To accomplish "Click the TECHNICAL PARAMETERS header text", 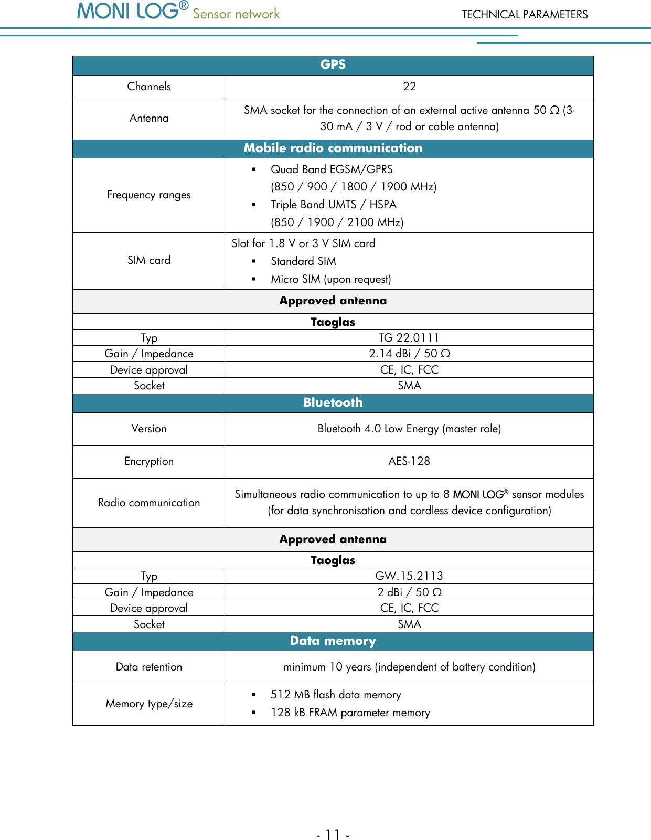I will (524, 15).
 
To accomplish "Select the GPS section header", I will (333, 65).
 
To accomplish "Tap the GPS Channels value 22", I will (409, 87).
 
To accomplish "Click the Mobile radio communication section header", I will (333, 148).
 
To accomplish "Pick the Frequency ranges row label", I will (149, 195).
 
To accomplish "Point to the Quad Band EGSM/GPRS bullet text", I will (332, 169).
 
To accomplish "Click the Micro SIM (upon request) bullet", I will (330, 279).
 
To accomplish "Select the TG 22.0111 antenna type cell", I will (409, 338).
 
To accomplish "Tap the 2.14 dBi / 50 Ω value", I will (409, 354).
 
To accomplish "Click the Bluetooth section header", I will (333, 402).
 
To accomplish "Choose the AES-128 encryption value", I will (409, 461).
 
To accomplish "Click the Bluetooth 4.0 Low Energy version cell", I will (409, 429).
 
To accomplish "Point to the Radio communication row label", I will (149, 503).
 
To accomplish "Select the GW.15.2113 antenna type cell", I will (409, 576).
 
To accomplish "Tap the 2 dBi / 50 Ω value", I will (409, 592).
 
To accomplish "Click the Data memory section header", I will (333, 641).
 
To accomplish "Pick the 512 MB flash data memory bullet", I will (336, 695).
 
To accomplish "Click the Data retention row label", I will (149, 667).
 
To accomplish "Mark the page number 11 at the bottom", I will (333, 834).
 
